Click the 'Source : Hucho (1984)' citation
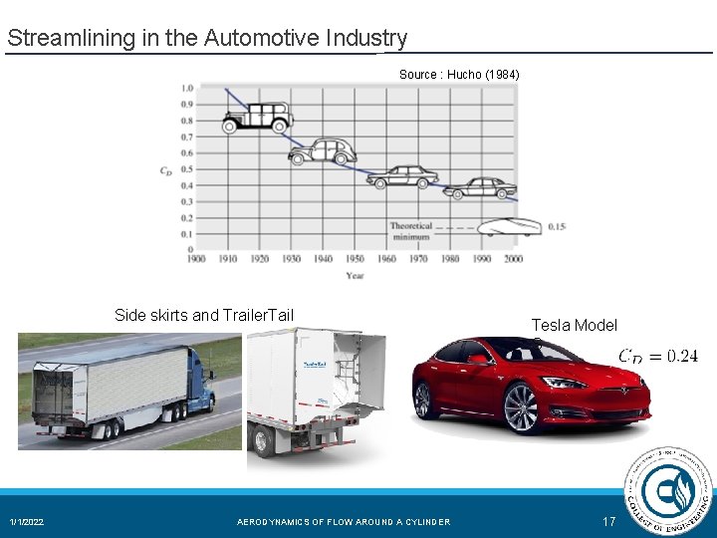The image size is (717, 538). [459, 75]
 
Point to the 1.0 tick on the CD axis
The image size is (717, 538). [187, 88]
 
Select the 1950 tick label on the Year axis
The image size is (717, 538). [355, 259]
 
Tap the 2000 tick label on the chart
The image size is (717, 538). [513, 259]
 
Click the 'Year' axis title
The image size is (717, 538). [355, 276]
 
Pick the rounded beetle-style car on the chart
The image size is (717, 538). [322, 150]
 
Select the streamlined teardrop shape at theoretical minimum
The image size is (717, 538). [508, 227]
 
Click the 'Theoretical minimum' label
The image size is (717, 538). [411, 232]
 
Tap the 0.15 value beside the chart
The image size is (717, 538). [557, 227]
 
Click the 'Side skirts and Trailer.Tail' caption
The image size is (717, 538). [204, 316]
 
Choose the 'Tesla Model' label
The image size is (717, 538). [574, 325]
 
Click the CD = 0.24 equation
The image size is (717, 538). [657, 356]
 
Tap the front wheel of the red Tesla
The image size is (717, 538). [521, 408]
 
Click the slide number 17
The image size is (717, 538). [609, 522]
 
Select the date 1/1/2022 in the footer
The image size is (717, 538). [27, 522]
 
